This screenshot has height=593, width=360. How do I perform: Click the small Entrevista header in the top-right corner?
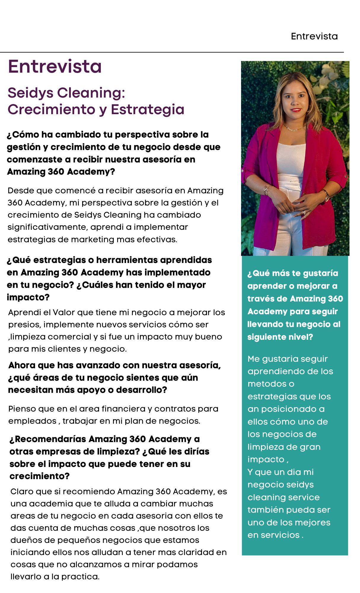tap(314, 36)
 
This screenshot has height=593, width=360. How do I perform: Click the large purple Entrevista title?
tap(55, 66)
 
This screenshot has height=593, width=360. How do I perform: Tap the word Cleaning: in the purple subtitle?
tap(91, 93)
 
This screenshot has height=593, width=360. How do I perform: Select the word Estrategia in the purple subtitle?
tap(147, 109)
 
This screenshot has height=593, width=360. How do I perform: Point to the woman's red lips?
tap(296, 110)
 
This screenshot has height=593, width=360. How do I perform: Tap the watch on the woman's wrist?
tap(326, 195)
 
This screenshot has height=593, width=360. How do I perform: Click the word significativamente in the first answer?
tap(48, 227)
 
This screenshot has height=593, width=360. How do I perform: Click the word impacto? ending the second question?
tap(28, 297)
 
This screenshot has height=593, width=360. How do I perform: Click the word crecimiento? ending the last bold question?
tap(39, 476)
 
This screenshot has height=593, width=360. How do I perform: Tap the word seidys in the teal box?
tap(300, 484)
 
